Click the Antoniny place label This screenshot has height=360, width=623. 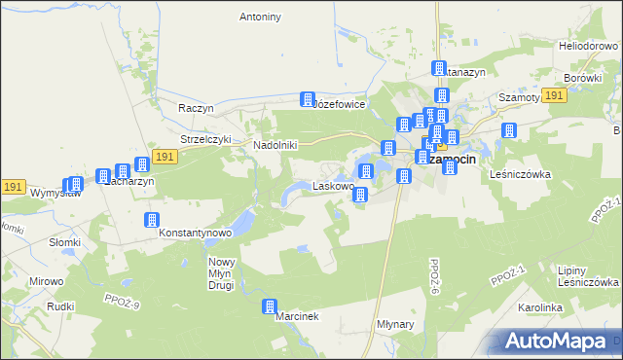(x=260, y=17)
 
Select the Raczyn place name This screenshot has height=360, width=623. (x=196, y=107)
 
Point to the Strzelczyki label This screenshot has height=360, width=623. (x=205, y=139)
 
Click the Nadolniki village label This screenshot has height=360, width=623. (x=275, y=145)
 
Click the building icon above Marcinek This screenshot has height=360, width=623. (x=270, y=306)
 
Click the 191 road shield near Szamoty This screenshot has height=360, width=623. (x=554, y=95)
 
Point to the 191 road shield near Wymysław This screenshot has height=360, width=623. (x=13, y=186)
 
